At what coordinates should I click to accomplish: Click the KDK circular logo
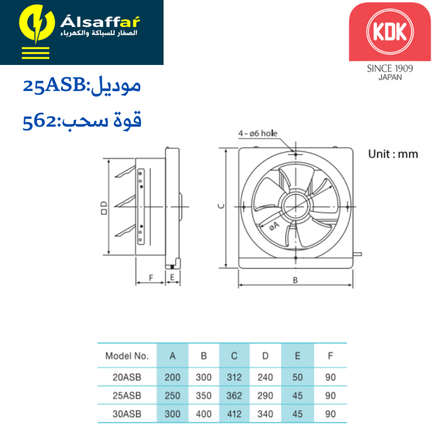390,32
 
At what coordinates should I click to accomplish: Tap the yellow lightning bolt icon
37,24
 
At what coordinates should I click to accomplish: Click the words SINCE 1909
390,68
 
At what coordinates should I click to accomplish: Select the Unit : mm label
393,154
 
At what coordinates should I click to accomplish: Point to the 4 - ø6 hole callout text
258,133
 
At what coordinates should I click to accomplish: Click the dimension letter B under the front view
295,280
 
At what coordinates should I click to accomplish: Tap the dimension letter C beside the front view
221,206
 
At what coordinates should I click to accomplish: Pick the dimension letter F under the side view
151,278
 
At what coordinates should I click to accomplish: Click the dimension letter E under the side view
172,277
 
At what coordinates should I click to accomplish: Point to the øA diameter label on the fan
274,226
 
